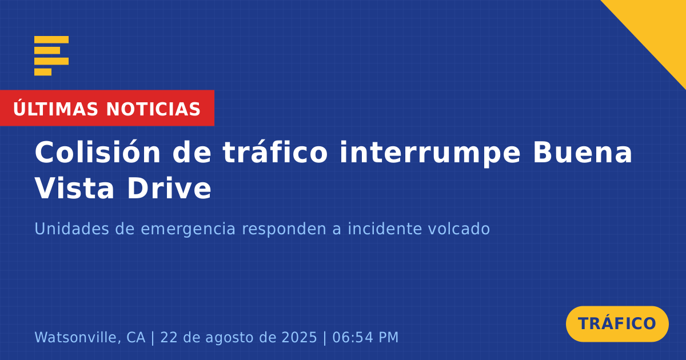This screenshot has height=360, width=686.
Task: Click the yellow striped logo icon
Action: pyautogui.click(x=51, y=56)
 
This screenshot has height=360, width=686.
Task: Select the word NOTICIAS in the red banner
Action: pyautogui.click(x=153, y=109)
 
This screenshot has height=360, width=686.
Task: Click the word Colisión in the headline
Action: pyautogui.click(x=98, y=152)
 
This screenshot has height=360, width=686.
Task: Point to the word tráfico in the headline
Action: pyautogui.click(x=276, y=152)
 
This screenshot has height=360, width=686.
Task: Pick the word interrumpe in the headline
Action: pyautogui.click(x=430, y=153)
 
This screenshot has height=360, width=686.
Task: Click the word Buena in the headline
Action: pyautogui.click(x=583, y=153)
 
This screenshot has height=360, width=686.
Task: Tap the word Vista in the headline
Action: pyautogui.click(x=74, y=188)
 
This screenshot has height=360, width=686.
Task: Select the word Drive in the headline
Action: pyautogui.click(x=169, y=188)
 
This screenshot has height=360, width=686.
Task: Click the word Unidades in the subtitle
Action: pyautogui.click(x=72, y=229)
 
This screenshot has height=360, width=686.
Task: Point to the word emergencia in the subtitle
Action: pyautogui.click(x=188, y=230)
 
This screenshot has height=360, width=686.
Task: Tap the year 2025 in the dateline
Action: pyautogui.click(x=299, y=337)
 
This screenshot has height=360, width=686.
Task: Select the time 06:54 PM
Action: pyautogui.click(x=365, y=337)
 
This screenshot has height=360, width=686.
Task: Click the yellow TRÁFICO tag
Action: pyautogui.click(x=617, y=324)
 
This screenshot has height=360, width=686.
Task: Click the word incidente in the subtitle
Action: pyautogui.click(x=385, y=229)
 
